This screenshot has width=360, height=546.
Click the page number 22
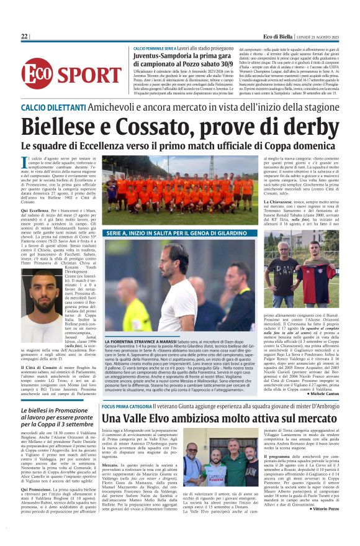[x=24, y=37]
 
